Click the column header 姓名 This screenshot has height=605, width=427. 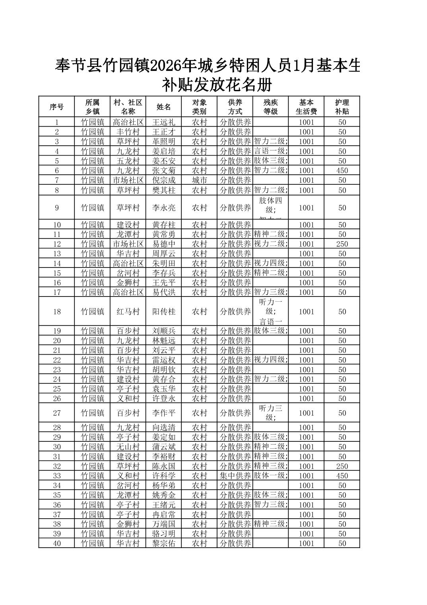[163, 107]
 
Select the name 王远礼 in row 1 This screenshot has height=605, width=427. [163, 122]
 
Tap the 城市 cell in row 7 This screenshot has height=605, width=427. [199, 180]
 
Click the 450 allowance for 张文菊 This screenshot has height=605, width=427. [342, 171]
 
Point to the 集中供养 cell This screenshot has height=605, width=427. [235, 476]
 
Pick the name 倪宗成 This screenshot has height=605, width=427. [163, 180]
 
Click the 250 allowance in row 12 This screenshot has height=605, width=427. [342, 244]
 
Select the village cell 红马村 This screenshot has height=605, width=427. [128, 312]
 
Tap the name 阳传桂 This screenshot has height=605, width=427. [163, 312]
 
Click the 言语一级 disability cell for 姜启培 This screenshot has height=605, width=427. [271, 151]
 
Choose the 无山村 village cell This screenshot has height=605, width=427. [128, 447]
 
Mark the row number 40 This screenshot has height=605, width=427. [57, 543]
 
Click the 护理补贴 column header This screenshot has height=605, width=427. [342, 107]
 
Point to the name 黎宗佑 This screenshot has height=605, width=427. [163, 543]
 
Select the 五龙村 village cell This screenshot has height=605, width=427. [128, 161]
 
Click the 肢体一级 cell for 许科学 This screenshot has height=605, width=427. [271, 476]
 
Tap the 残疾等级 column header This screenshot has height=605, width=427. [271, 107]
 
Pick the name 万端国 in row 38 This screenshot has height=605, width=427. [163, 524]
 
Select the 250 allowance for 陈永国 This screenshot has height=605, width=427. [342, 466]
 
